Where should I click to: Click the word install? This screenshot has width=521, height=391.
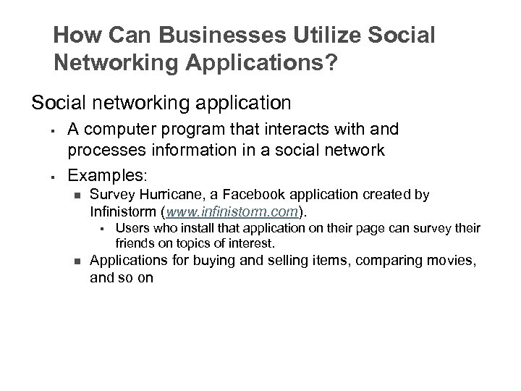(183, 229)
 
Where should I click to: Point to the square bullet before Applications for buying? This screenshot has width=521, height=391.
(76, 262)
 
